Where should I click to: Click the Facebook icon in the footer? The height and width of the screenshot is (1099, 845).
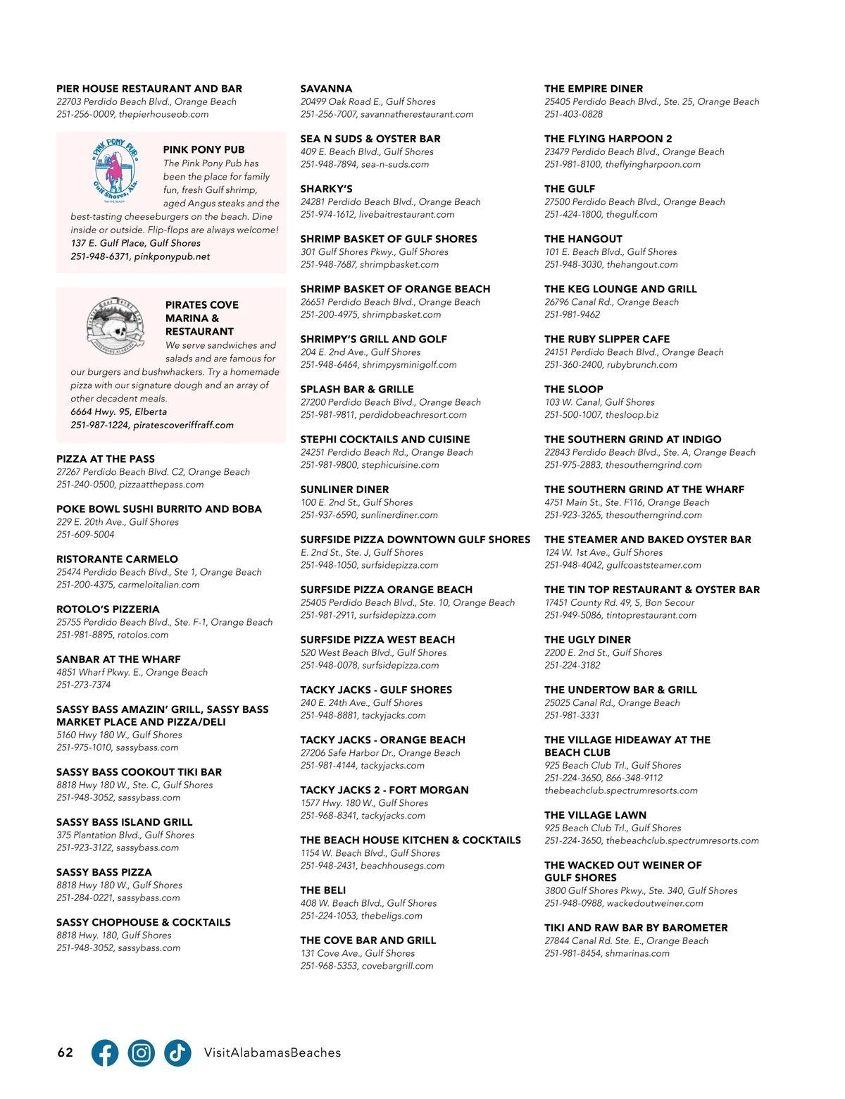click(105, 1053)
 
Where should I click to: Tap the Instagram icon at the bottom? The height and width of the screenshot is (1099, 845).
click(142, 1053)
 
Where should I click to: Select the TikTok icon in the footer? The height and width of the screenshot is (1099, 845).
click(177, 1053)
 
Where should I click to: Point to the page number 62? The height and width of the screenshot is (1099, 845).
click(65, 1053)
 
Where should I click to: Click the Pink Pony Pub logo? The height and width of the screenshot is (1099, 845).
click(115, 171)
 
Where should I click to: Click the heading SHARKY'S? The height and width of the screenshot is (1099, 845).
click(326, 189)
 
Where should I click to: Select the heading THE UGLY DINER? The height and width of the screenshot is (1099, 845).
click(587, 640)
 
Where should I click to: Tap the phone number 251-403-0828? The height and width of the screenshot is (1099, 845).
click(573, 114)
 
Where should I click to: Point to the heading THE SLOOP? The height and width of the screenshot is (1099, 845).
click(573, 389)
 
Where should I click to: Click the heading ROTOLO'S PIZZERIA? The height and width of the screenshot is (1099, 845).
click(108, 609)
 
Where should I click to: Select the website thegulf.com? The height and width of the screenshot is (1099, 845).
click(632, 214)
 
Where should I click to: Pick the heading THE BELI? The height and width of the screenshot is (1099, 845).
click(323, 890)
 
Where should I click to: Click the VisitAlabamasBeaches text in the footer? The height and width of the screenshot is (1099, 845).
click(273, 1053)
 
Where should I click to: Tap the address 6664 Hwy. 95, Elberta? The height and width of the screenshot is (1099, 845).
click(118, 411)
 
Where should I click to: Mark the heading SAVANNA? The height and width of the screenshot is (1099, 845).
click(326, 89)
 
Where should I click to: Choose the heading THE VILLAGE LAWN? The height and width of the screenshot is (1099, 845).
click(595, 815)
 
